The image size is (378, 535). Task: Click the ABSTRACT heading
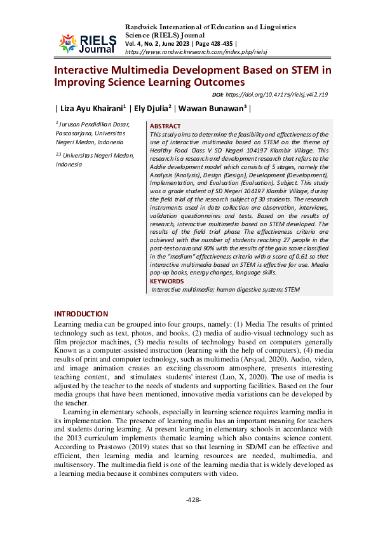click(x=165, y=126)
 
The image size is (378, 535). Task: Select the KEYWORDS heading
click(x=167, y=281)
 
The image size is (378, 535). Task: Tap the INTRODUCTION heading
click(x=81, y=314)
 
